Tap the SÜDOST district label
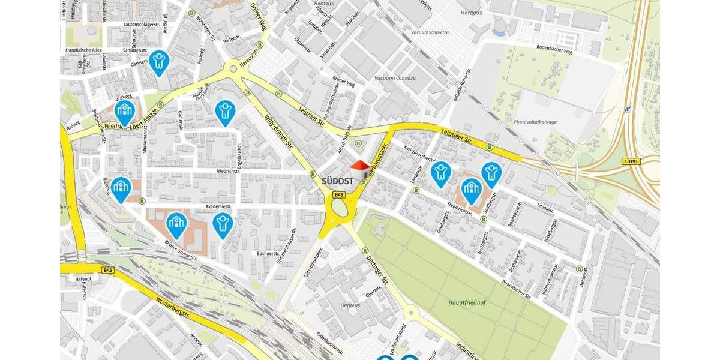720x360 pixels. (x=337, y=180)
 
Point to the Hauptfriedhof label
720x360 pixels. (x=467, y=302)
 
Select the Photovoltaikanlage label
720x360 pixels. (x=535, y=122)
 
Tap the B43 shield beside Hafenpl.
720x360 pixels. (x=107, y=270)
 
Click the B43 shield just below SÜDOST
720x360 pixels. (x=339, y=195)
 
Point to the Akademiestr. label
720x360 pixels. (x=218, y=206)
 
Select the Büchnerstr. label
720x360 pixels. (x=251, y=253)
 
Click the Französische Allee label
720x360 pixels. (x=84, y=50)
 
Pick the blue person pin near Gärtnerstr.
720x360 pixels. (x=159, y=61)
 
